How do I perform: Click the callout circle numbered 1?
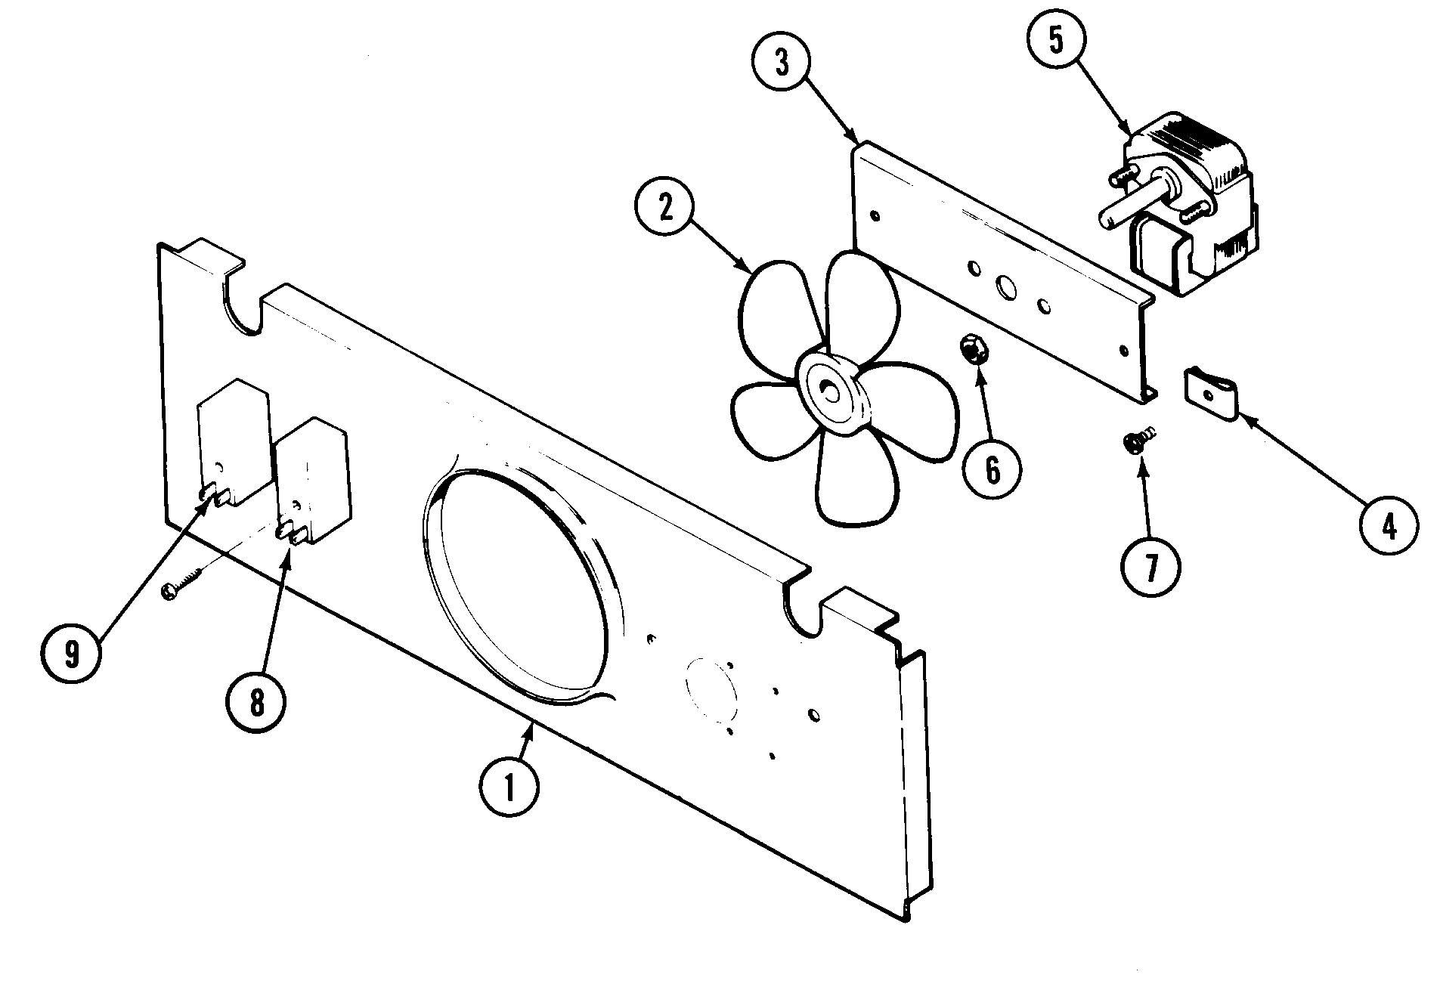(x=509, y=787)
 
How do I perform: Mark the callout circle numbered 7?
(x=1150, y=565)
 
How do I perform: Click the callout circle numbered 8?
(x=256, y=704)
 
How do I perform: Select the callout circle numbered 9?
(x=71, y=652)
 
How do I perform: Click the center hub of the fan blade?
(x=831, y=392)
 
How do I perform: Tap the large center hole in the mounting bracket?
(x=1007, y=287)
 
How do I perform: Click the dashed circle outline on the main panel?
(x=711, y=684)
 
